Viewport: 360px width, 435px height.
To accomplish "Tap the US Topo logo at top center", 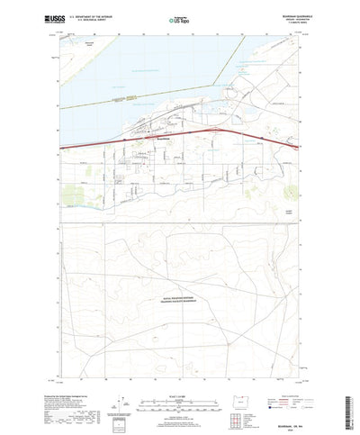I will pos(180,18).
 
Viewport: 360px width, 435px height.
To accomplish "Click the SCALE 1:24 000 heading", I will pos(180,366).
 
